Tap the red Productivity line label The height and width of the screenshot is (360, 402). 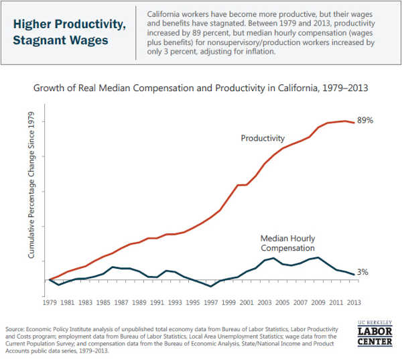[263, 138]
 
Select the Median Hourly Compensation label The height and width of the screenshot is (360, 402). [287, 243]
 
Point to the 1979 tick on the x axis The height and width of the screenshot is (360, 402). [49, 302]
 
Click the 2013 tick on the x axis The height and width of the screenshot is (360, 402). [354, 302]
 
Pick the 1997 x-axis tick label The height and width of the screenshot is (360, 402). [210, 302]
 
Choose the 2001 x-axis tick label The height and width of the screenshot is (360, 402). [246, 302]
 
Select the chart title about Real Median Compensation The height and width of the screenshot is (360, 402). [201, 88]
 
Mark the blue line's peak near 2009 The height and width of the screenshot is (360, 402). [318, 257]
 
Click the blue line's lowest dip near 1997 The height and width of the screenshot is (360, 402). [211, 286]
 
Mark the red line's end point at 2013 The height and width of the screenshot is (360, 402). [354, 123]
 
